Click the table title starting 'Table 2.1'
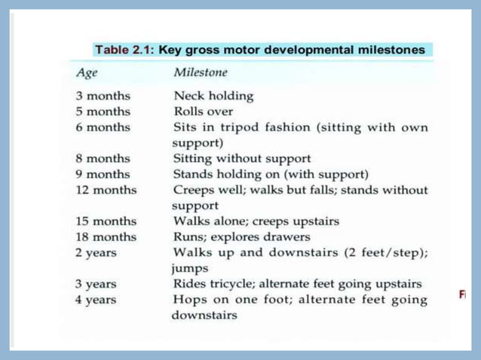click(x=259, y=50)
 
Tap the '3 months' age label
click(x=103, y=96)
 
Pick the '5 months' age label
click(x=103, y=111)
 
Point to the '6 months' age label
click(x=103, y=127)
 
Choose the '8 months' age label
click(x=103, y=159)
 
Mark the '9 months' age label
click(x=103, y=174)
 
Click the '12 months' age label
click(x=106, y=190)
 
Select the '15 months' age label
click(x=106, y=221)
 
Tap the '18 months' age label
click(x=106, y=236)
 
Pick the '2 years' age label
click(x=95, y=252)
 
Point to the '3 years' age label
click(x=95, y=284)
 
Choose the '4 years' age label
click(x=95, y=300)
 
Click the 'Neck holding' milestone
click(x=213, y=96)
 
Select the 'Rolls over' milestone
click(x=203, y=111)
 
